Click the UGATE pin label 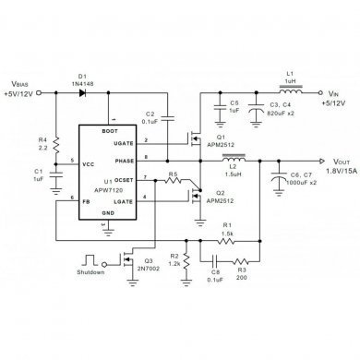coord(125,142)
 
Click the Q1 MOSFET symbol coord(196,140)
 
